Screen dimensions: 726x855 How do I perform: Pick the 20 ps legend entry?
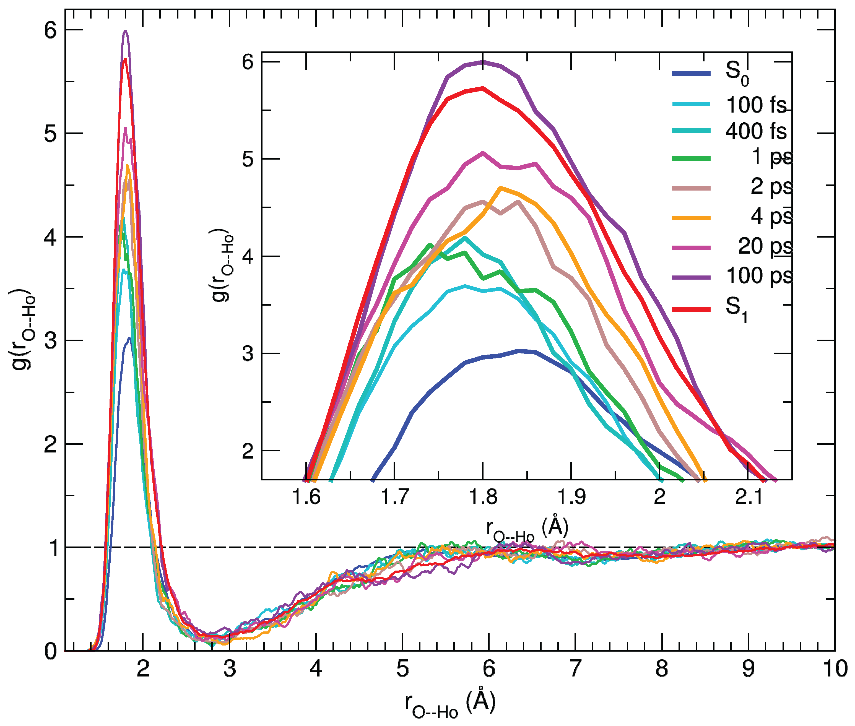765,246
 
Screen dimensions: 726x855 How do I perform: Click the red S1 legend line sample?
691,309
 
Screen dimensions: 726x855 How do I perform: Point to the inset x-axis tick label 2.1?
749,497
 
